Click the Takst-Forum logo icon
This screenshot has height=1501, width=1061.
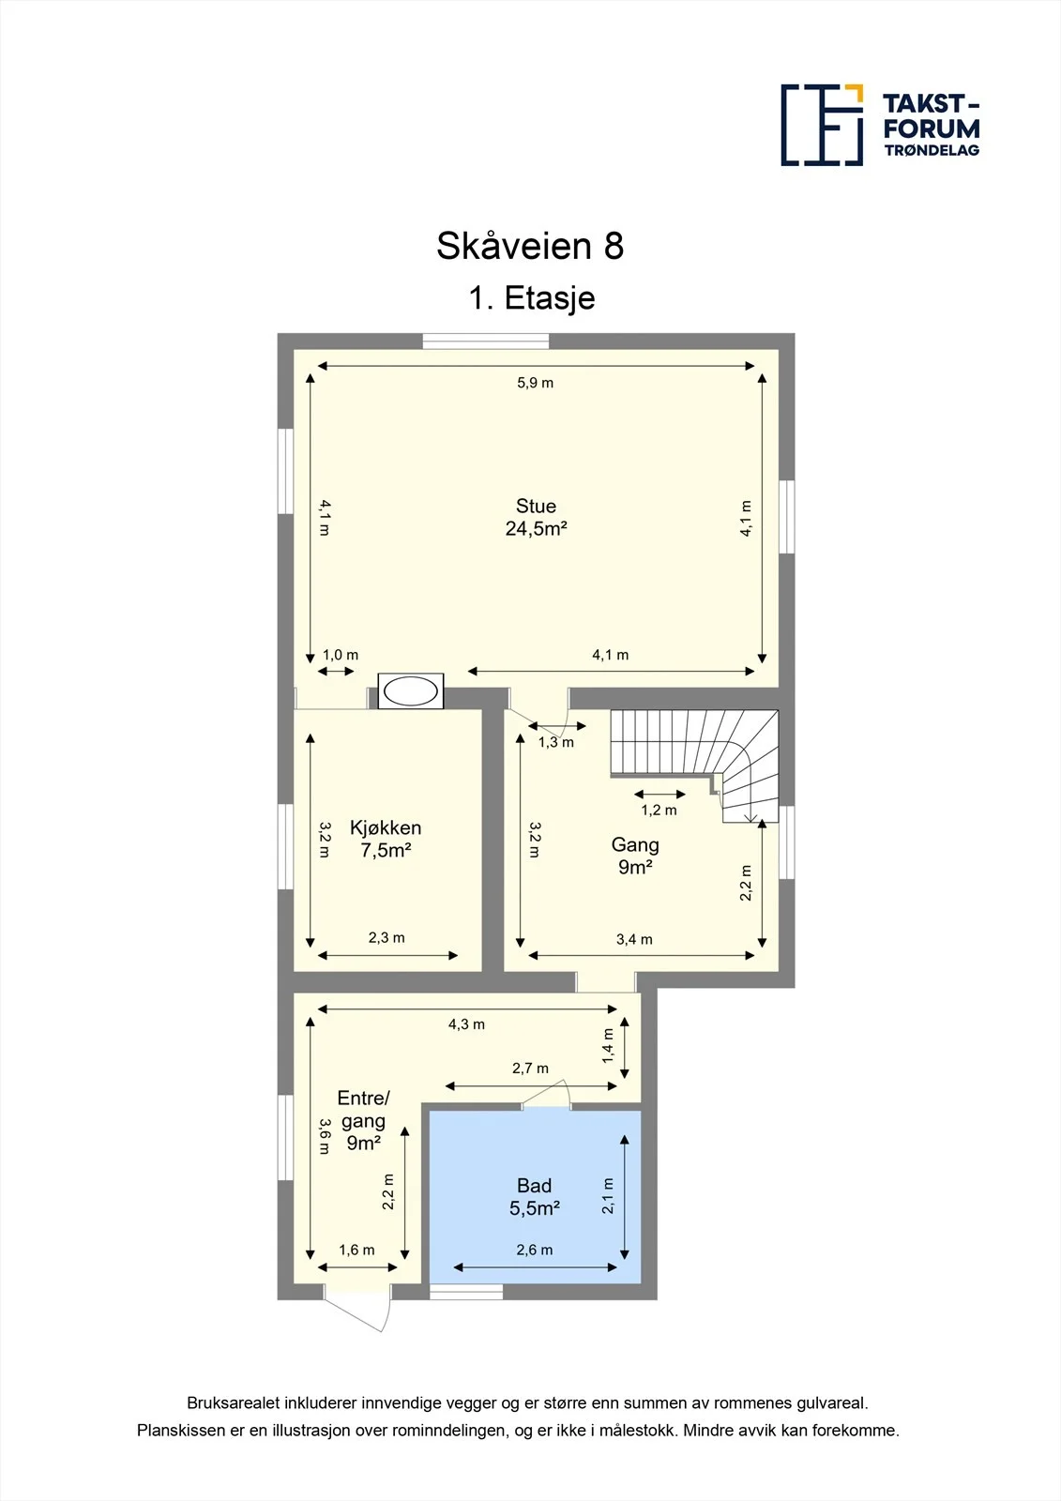click(822, 125)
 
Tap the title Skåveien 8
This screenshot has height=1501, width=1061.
click(530, 246)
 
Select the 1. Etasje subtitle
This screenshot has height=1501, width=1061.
click(532, 297)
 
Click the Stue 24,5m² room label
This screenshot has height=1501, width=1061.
click(537, 517)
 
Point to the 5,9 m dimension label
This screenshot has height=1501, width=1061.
click(535, 383)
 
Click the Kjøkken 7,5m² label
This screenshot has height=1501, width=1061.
click(386, 839)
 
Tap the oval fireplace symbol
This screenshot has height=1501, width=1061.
click(410, 690)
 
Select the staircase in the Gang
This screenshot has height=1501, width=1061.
click(694, 766)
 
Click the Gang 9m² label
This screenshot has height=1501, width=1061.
click(635, 856)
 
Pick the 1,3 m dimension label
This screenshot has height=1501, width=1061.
click(556, 742)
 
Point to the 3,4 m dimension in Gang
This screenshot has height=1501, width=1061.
click(634, 939)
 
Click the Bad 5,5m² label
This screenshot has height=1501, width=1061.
click(534, 1197)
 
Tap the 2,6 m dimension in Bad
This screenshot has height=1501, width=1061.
click(534, 1250)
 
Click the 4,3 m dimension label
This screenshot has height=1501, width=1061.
click(466, 1024)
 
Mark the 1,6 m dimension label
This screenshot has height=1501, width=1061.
click(356, 1250)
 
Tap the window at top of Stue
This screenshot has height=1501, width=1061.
click(486, 341)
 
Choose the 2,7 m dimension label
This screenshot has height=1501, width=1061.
click(530, 1069)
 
